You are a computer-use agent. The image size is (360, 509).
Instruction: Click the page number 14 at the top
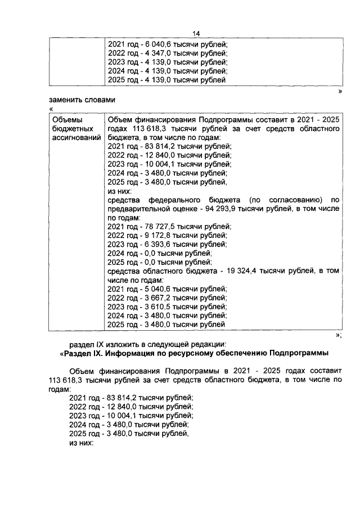pyautogui.click(x=196, y=33)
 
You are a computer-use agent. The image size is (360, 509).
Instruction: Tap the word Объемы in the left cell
pyautogui.click(x=66, y=120)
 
